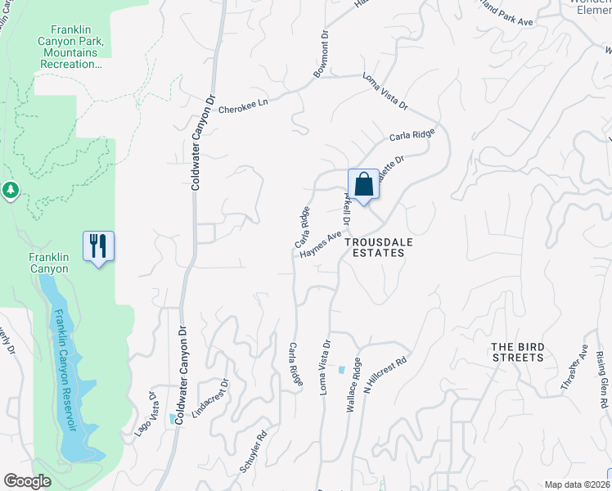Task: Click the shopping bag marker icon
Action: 363,184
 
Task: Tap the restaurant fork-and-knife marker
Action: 98,245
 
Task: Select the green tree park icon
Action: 10,190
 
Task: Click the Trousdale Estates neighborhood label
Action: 375,247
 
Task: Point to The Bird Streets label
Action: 517,352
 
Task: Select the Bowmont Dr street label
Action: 321,58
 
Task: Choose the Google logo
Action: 26,481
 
